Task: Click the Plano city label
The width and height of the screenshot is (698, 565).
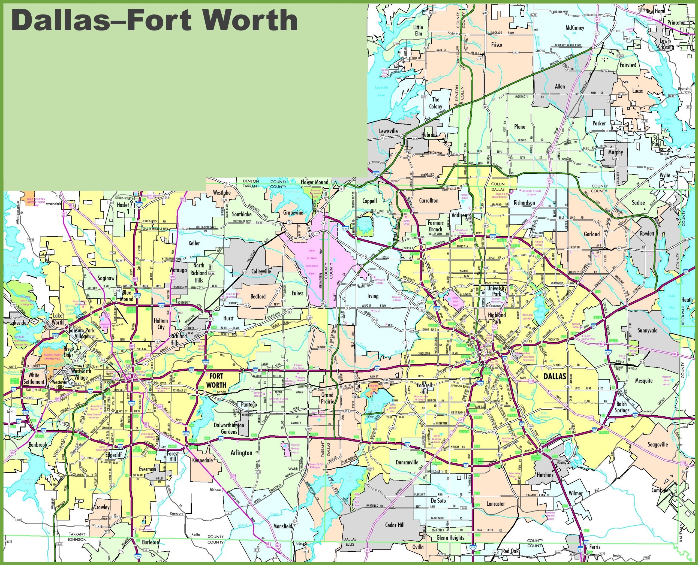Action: pos(520,127)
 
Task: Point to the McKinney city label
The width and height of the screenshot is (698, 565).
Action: pos(574,28)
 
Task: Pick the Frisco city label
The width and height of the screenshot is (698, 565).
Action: pos(497,45)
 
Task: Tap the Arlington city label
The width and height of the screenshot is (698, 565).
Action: pos(241,453)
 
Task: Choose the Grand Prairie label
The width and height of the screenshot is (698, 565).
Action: pos(327,398)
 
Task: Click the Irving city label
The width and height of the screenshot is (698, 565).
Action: pos(373,296)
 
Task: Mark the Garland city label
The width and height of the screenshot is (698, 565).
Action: pos(592,234)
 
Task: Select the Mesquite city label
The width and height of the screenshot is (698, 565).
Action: pos(644,380)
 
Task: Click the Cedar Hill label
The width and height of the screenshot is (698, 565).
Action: pos(395,525)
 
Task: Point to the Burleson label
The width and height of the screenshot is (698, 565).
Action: pos(151,542)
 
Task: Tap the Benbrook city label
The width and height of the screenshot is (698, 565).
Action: pos(38,445)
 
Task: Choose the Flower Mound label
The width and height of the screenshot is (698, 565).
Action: pos(314,182)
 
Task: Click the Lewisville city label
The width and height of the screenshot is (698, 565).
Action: pos(388,131)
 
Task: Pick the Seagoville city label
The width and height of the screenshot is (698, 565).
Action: pos(658,445)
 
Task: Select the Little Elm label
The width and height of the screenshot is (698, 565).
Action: pos(418,30)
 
